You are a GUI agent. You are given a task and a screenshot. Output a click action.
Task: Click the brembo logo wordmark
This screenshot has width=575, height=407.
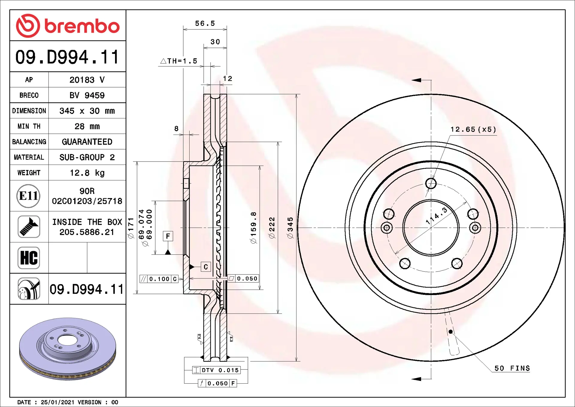(81, 26)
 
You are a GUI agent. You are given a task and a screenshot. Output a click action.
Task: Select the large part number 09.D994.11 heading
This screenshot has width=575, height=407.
(67, 57)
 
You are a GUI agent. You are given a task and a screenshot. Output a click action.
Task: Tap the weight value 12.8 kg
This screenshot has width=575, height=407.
(87, 173)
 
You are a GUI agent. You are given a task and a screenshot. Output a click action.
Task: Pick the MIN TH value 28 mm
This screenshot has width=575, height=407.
(87, 126)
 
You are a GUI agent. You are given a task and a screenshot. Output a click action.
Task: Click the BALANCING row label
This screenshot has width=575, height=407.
(29, 142)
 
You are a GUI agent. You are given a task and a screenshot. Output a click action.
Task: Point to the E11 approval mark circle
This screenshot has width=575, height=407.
(28, 196)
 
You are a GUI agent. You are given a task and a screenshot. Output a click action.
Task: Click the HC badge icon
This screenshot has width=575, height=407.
(29, 258)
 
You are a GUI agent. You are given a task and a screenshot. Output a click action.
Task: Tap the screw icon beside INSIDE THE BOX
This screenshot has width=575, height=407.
(29, 227)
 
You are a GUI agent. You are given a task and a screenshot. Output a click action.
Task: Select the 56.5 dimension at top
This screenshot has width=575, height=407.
(205, 23)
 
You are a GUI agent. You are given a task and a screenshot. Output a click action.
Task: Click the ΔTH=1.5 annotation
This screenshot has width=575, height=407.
(179, 61)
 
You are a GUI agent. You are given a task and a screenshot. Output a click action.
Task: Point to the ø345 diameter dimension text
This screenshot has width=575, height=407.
(290, 228)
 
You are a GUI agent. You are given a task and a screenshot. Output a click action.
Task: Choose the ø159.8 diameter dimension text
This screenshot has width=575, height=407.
(254, 228)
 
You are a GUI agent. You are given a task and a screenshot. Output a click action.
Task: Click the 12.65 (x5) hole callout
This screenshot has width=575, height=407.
(473, 129)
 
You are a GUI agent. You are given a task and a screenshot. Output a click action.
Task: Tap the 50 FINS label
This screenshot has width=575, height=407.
(512, 368)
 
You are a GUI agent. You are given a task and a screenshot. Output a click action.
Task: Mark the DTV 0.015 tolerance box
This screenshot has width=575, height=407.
(220, 370)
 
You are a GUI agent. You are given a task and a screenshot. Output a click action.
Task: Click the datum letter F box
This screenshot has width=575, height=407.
(168, 236)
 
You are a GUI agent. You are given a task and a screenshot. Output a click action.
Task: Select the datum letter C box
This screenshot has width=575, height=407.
(206, 267)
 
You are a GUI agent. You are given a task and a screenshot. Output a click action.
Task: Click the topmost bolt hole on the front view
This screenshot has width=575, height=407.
(431, 183)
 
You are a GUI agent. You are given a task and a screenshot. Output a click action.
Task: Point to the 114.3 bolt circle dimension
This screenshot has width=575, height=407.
(437, 216)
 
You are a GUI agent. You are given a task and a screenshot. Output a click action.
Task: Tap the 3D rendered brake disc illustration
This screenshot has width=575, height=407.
(68, 349)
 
